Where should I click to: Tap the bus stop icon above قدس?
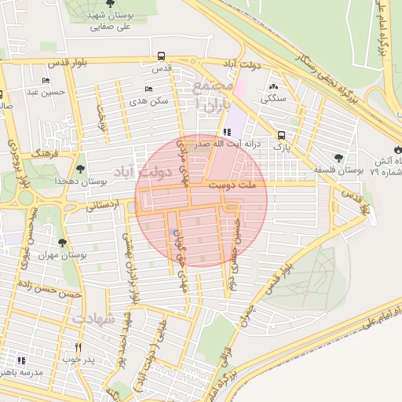click(161, 56)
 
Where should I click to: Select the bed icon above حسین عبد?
click(46, 80)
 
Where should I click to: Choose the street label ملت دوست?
click(236, 187)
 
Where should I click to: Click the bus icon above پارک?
click(282, 133)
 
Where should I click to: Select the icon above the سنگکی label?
click(273, 87)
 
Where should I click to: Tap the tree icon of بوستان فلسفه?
click(338, 157)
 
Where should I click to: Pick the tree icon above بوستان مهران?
click(63, 243)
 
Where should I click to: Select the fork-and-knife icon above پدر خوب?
click(78, 347)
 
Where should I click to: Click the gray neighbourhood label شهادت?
click(93, 320)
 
